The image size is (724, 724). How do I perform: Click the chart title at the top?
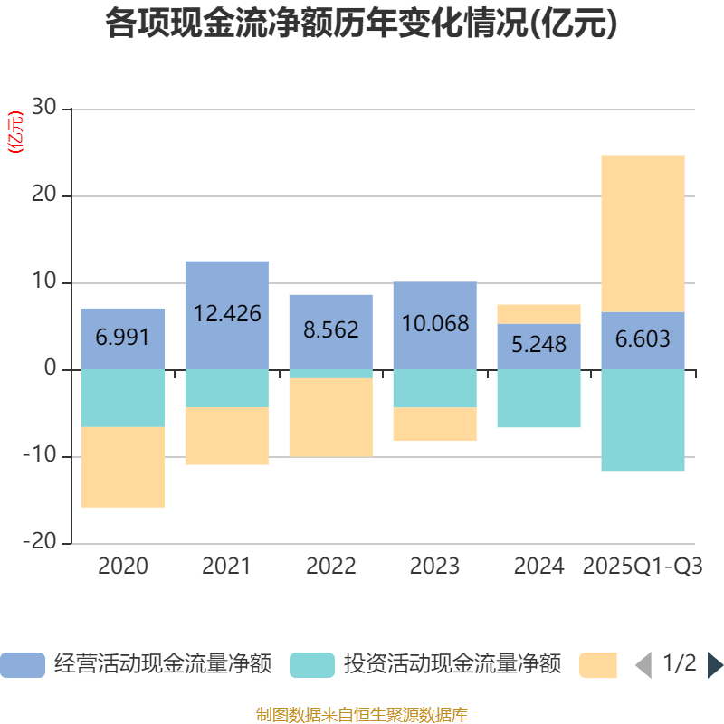361,24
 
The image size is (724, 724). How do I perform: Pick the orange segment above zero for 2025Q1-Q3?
643,233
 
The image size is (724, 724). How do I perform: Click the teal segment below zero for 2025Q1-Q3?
643,420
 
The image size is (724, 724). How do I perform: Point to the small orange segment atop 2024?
539,314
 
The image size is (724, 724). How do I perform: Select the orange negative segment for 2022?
331,417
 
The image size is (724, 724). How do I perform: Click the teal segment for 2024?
539,398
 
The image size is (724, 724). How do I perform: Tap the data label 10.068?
435,323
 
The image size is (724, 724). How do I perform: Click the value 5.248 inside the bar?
539,345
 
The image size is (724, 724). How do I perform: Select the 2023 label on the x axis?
435,567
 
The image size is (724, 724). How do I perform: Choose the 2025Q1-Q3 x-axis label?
643,567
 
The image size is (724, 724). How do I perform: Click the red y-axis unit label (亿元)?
15,133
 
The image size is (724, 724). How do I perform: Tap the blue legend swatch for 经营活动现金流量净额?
23,665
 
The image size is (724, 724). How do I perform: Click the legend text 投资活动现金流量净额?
452,665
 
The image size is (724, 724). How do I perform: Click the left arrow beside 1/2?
643,665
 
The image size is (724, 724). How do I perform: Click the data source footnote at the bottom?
361,714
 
